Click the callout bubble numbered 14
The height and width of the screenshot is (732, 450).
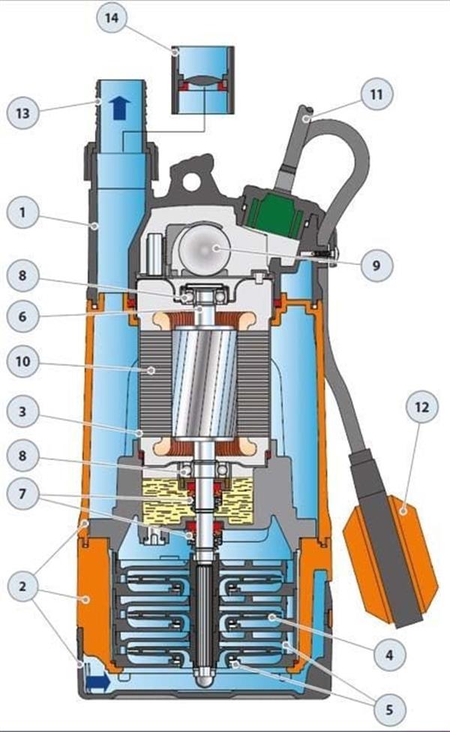tap(112, 19)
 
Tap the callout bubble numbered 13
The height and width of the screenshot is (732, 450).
tap(22, 113)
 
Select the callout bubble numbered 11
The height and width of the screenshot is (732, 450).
tap(376, 95)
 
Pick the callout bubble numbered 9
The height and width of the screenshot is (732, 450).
tap(376, 265)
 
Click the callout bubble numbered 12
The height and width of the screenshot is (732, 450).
tap(421, 408)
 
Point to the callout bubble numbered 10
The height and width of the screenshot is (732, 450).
tap(22, 361)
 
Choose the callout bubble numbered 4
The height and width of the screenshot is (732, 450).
tap(389, 655)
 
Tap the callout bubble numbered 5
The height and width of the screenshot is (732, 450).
tap(389, 710)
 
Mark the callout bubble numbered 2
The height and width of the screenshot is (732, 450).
tap(22, 586)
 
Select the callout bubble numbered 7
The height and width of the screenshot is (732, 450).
tap(22, 493)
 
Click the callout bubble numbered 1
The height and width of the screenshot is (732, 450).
tap(22, 213)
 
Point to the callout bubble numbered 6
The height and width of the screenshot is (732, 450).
tap(22, 317)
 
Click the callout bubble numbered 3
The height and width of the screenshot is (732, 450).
tap(22, 412)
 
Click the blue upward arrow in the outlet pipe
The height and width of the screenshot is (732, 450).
tap(120, 108)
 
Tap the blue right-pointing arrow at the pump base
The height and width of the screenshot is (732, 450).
tap(98, 682)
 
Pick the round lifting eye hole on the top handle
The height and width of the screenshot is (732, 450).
tap(190, 179)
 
